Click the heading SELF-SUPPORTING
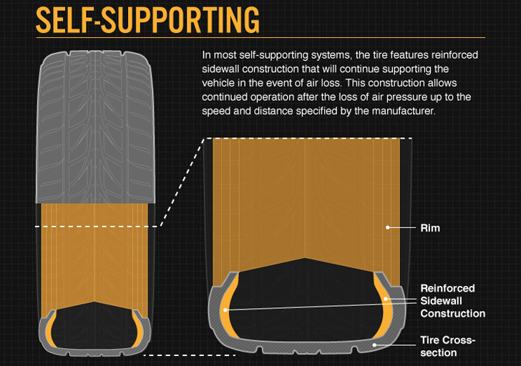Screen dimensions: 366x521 pos(147,21)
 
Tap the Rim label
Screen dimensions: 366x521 pos(430,228)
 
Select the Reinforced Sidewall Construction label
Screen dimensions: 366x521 pos(452,301)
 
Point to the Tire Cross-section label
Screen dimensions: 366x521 pos(447,346)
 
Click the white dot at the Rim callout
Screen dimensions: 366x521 pos(388,227)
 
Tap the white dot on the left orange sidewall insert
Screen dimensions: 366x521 pos(226,310)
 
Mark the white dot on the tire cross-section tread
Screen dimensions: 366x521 pos(375,345)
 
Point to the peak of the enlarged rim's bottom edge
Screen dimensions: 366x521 pos(306,258)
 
